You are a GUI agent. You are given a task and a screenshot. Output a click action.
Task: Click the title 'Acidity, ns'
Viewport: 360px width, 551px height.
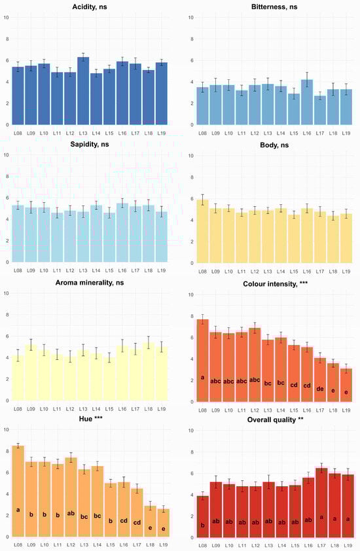(x=90, y=7)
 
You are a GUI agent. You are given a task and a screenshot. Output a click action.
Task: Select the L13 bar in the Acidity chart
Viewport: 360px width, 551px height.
(x=83, y=92)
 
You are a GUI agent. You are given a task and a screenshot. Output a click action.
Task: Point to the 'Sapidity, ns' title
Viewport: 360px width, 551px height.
(x=90, y=145)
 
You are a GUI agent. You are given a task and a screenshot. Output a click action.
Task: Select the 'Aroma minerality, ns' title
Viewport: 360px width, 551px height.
(x=90, y=282)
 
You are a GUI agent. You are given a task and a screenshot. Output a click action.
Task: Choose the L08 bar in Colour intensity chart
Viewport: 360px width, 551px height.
(x=203, y=360)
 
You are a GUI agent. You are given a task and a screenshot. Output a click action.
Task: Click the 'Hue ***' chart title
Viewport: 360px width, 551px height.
(x=90, y=419)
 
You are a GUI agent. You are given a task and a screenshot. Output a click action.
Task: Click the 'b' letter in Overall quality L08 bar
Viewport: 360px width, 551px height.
(x=203, y=525)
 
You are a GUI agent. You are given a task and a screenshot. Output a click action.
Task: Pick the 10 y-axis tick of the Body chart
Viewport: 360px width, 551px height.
(x=190, y=156)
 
